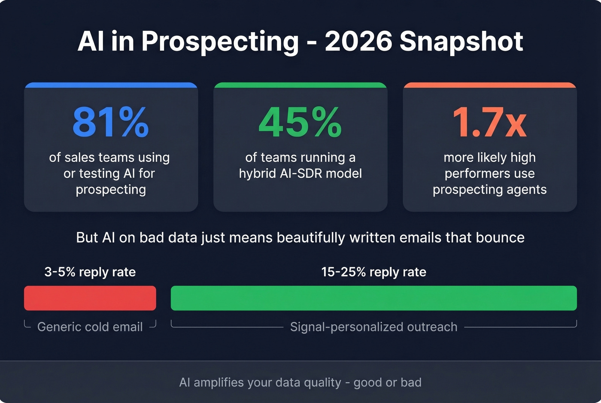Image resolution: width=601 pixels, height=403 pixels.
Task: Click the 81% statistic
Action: [111, 122]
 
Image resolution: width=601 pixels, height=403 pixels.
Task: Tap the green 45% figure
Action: [300, 122]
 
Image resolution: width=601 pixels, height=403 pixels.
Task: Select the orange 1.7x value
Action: [489, 122]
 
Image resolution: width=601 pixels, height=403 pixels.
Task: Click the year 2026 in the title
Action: [358, 42]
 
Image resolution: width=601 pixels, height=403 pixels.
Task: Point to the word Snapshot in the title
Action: [461, 42]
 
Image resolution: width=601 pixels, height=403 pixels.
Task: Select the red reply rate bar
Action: [90, 298]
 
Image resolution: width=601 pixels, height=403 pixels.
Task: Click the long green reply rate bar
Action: [373, 298]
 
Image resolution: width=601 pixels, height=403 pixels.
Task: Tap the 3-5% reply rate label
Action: [90, 272]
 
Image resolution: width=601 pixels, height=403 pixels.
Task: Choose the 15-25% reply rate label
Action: [373, 272]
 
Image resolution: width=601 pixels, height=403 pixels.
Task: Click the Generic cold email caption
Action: [90, 327]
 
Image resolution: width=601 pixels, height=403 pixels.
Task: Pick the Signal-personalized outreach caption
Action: [373, 327]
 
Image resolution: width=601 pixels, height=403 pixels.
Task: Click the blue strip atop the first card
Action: [111, 85]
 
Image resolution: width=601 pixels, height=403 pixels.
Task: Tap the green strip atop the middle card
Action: [300, 85]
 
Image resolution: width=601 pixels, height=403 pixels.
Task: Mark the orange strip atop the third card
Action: [489, 85]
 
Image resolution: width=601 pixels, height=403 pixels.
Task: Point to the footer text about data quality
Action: [300, 382]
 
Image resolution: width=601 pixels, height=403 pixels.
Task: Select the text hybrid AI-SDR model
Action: [300, 173]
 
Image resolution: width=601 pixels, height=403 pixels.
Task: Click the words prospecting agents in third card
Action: [489, 190]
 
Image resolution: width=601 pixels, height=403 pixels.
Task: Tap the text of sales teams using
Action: [109, 158]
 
